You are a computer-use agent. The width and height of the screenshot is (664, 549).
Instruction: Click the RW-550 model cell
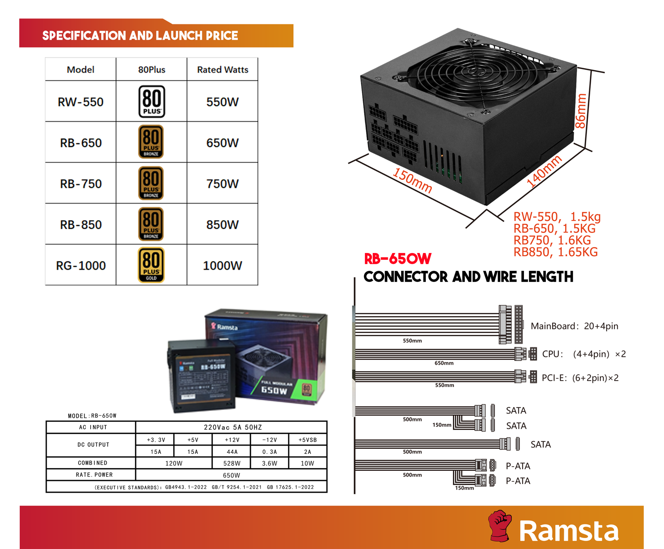(81, 102)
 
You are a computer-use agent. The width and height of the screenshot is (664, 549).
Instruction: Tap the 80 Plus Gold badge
(151, 265)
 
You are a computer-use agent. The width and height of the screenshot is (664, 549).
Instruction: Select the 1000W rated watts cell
(222, 266)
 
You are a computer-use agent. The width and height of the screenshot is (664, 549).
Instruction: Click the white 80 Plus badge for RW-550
(152, 102)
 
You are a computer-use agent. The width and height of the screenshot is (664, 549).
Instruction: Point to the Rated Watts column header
(223, 70)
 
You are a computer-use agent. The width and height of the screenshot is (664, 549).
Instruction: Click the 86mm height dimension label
(581, 111)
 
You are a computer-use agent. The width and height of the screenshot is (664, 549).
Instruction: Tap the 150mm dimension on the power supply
(412, 181)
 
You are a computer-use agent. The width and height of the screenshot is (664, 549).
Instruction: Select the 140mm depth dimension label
(544, 172)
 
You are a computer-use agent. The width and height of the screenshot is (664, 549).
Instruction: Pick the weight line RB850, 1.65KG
(555, 252)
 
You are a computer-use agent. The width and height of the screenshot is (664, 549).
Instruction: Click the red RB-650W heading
(397, 259)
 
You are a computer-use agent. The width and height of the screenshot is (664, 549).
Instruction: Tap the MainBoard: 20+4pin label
(574, 326)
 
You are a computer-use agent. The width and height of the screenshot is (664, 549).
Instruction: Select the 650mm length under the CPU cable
(444, 363)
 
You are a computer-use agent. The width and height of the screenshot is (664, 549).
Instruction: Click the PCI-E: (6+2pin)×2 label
(580, 378)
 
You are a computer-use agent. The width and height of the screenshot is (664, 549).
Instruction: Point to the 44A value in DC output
(232, 452)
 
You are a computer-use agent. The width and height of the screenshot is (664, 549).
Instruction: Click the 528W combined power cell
(232, 463)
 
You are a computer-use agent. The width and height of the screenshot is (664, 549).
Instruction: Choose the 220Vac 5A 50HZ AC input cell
(232, 427)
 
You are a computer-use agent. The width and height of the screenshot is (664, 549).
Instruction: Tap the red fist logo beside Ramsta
(500, 526)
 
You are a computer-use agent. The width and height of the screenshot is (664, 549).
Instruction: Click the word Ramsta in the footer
(568, 531)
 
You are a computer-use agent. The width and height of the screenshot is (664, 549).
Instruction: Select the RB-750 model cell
(81, 184)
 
